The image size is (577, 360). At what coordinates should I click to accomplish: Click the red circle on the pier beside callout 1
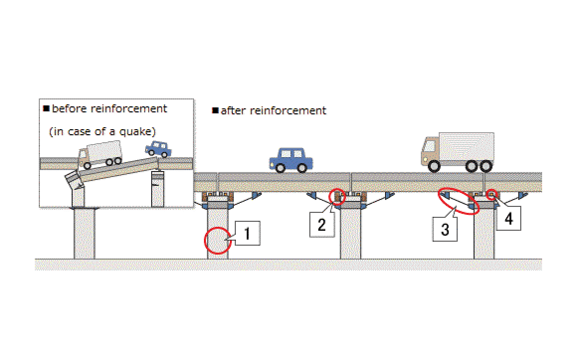(218, 241)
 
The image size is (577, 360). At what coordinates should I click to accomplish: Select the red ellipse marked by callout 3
(458, 201)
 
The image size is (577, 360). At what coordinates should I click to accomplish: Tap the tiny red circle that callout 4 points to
(491, 193)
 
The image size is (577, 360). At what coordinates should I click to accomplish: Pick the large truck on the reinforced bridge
(456, 151)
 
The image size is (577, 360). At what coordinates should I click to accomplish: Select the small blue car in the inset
(157, 149)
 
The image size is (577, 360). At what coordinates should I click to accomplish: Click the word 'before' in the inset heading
(70, 108)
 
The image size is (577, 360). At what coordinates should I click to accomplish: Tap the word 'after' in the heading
(236, 110)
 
